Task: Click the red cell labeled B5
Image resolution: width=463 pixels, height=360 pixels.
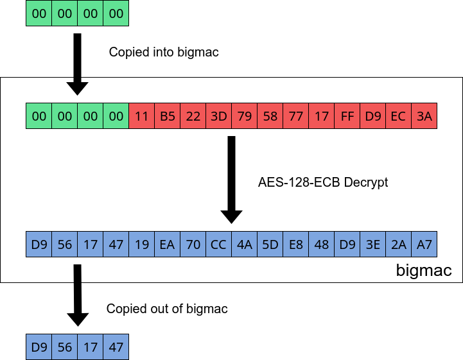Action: (x=167, y=116)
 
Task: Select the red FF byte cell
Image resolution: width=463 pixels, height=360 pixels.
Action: (x=347, y=116)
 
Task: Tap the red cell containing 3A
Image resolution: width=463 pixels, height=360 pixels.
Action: (x=424, y=116)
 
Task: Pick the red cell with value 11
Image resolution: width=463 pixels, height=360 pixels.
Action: (x=141, y=116)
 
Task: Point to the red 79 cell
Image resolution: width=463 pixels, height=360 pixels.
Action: (x=244, y=116)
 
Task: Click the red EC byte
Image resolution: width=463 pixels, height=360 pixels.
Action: (x=398, y=116)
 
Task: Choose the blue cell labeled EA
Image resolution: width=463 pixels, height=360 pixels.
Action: (x=167, y=244)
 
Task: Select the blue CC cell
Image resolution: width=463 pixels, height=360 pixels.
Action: (x=218, y=244)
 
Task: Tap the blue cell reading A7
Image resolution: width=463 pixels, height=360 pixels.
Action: (x=424, y=244)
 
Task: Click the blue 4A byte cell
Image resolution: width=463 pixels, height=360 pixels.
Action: (x=244, y=244)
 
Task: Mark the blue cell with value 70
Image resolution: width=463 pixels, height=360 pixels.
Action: (x=193, y=244)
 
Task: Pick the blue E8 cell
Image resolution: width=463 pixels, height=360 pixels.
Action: (x=295, y=244)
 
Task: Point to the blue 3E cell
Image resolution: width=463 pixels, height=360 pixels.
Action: (x=372, y=244)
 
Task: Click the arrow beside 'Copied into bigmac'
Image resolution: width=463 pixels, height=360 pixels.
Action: (x=77, y=64)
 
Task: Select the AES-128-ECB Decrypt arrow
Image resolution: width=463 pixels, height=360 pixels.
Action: (x=231, y=180)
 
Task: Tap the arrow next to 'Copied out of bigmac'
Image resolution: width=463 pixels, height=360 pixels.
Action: (x=77, y=295)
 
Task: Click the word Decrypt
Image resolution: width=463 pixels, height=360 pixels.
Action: (x=365, y=182)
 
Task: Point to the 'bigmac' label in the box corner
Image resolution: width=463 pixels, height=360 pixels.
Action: (x=424, y=270)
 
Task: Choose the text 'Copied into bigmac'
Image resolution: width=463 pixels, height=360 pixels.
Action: (x=164, y=52)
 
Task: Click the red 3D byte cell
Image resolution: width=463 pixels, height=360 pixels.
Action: (x=218, y=116)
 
